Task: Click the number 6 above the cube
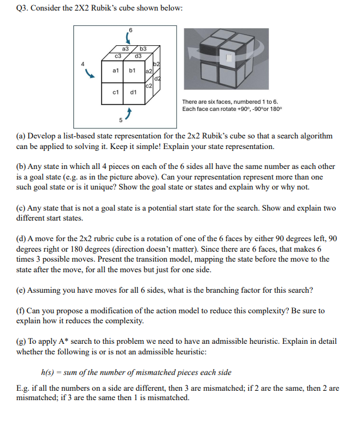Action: (131, 31)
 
